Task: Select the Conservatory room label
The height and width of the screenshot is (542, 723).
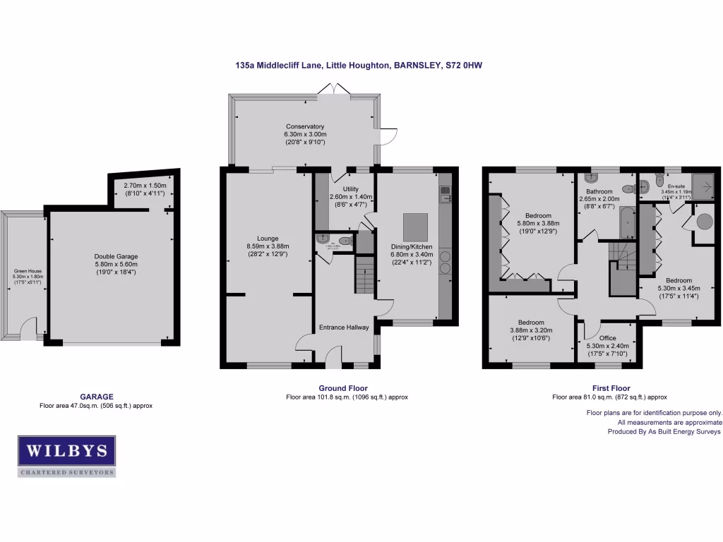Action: point(305,127)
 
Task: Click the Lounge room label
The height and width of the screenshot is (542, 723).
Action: point(268,239)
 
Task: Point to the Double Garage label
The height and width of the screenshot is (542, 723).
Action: point(116,257)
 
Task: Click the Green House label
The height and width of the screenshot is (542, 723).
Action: point(28,271)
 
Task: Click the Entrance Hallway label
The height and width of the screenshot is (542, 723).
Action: point(344,327)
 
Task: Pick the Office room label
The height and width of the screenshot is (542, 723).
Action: point(607,338)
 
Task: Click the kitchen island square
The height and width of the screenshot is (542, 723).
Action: point(415,227)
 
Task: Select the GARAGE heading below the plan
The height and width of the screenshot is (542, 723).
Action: point(96,397)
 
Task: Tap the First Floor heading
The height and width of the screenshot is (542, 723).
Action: point(611,388)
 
